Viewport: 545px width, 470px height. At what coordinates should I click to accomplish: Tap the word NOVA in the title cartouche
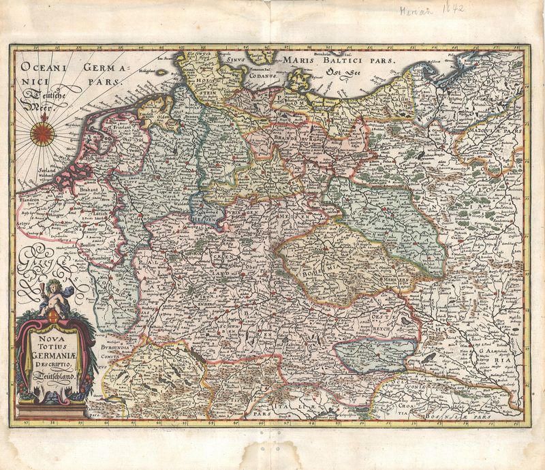52,334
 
